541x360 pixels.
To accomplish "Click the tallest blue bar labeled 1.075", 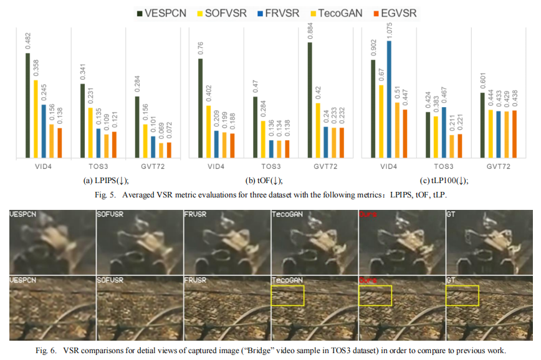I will [x=390, y=100].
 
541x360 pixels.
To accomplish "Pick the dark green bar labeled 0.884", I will [x=309, y=100].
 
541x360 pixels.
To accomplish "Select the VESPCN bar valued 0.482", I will [x=28, y=105].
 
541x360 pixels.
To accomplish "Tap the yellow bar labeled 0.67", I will [x=381, y=122].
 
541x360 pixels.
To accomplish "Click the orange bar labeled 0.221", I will [x=460, y=146].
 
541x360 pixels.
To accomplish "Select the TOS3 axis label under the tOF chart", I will [x=271, y=167].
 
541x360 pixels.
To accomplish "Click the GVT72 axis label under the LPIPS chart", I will [x=153, y=167].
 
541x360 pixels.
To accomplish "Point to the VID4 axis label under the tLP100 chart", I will [x=389, y=167].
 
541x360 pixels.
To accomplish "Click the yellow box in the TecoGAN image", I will [x=287, y=295].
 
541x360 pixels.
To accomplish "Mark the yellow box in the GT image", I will [x=462, y=295].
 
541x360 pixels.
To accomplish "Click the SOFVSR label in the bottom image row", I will [x=110, y=282].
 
